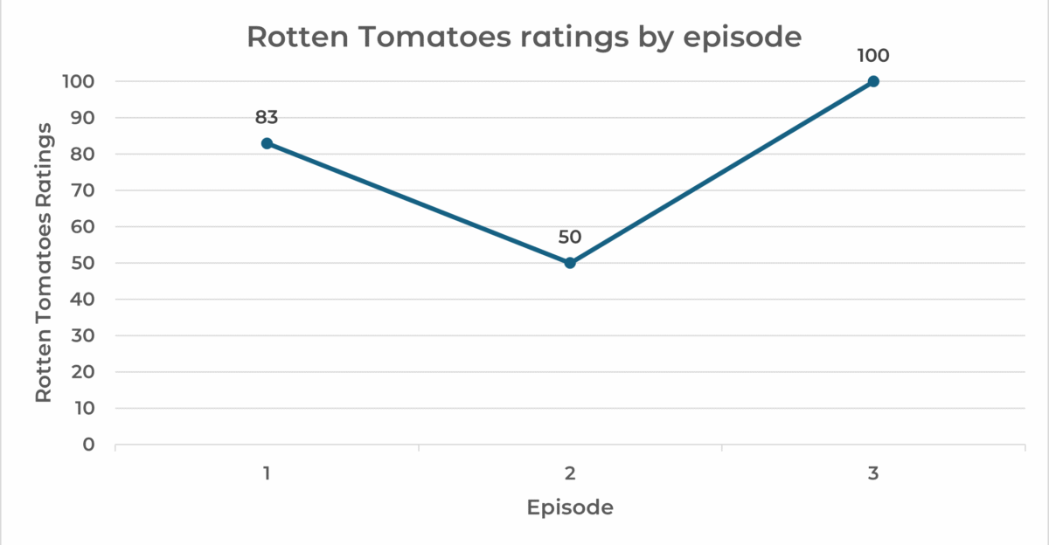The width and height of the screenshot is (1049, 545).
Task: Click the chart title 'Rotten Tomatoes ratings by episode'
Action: [x=524, y=38]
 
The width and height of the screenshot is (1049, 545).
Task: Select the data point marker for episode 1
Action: [x=267, y=143]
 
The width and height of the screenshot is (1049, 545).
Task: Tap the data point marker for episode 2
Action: [x=570, y=263]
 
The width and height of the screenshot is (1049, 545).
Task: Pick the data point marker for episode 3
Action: [x=873, y=81]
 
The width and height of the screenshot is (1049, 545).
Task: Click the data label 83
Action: [x=267, y=117]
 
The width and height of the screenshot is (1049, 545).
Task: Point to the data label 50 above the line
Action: [x=570, y=237]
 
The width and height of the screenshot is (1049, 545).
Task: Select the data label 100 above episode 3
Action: [x=873, y=56]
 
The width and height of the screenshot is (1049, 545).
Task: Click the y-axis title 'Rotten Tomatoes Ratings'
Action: [x=44, y=262]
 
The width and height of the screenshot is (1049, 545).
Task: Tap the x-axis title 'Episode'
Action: [x=570, y=507]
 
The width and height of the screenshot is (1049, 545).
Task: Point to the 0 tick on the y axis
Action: [x=88, y=445]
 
